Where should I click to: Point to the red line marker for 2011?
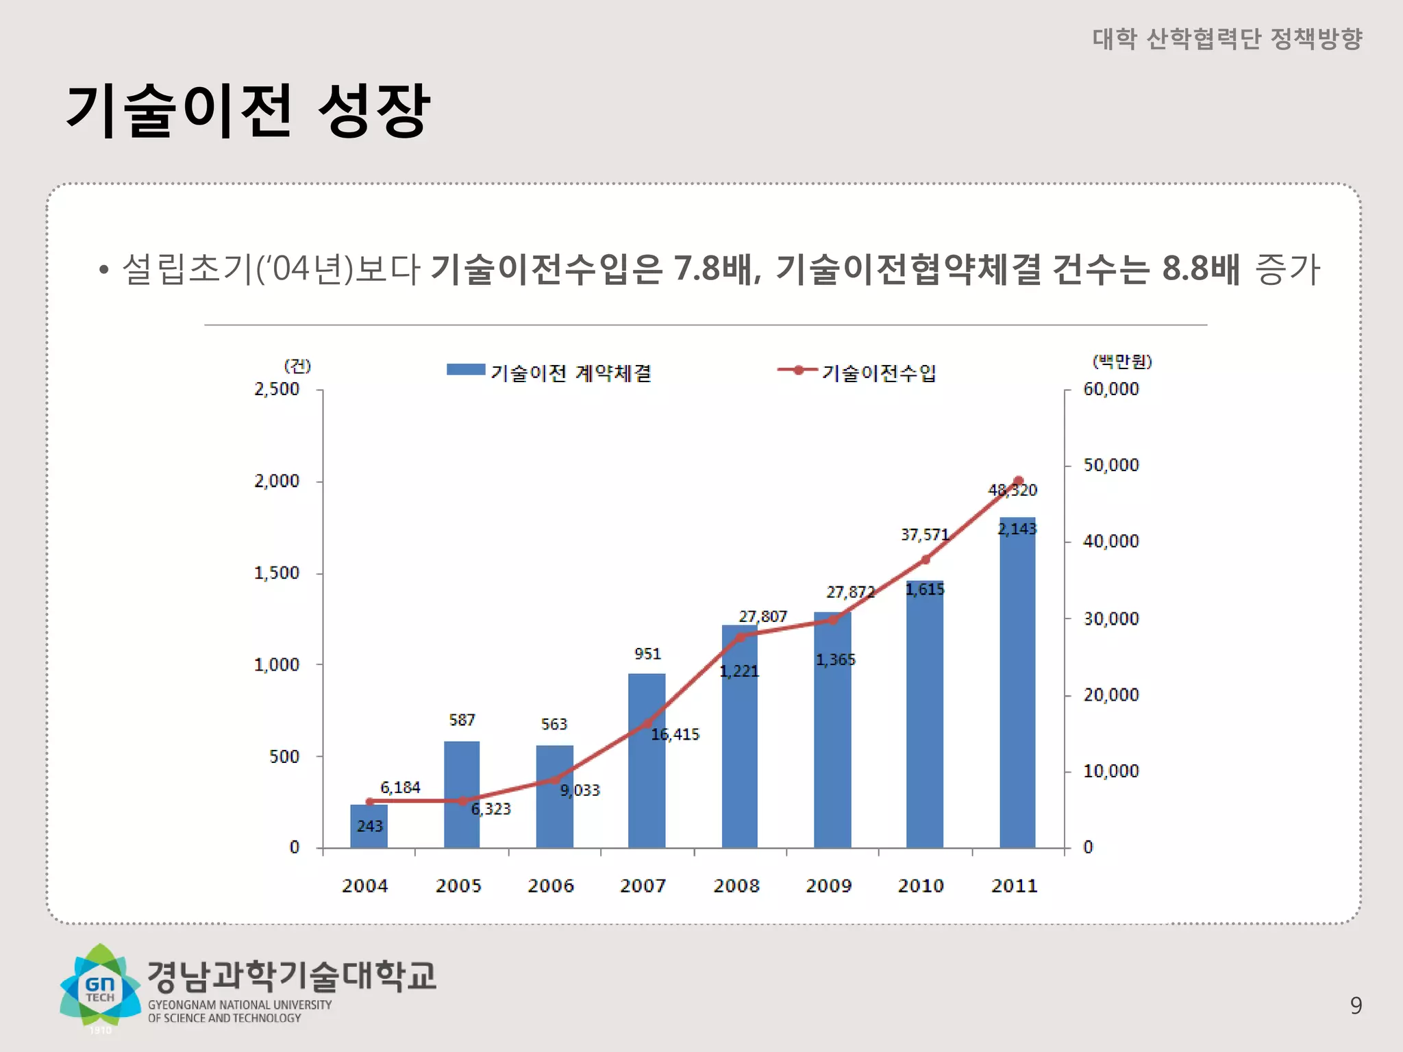1018,481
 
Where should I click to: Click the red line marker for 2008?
741,637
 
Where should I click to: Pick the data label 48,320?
1012,490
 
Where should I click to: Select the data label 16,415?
675,735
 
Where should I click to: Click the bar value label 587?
462,720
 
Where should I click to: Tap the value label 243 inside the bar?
369,826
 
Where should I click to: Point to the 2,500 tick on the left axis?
277,389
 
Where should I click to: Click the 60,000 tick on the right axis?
1110,389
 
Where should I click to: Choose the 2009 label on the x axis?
828,886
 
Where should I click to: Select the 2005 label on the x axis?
458,886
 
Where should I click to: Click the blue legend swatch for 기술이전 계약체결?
466,370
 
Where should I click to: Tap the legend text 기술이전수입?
878,373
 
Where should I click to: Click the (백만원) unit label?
1121,361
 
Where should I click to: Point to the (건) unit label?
297,366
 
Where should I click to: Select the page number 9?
1356,1005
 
